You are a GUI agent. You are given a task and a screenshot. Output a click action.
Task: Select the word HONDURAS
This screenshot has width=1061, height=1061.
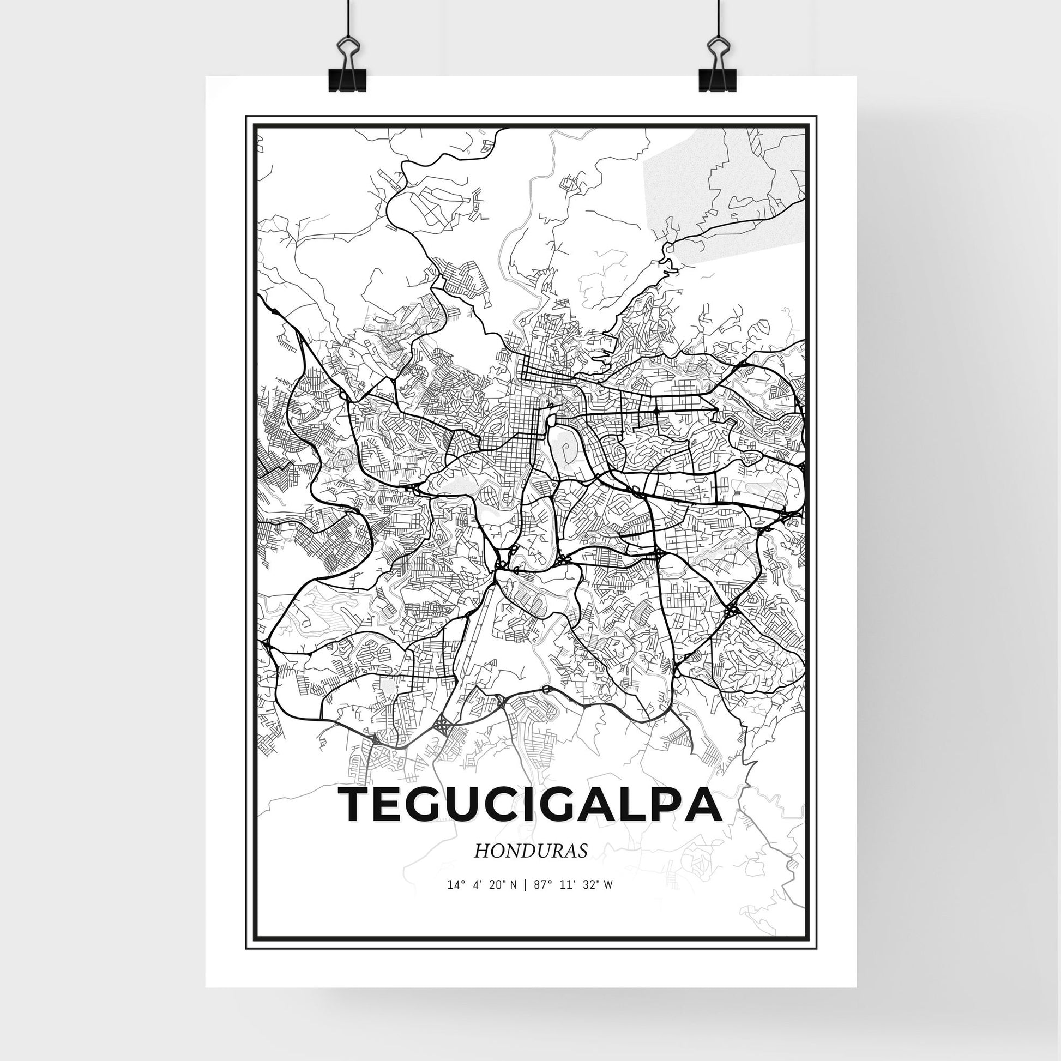(530, 866)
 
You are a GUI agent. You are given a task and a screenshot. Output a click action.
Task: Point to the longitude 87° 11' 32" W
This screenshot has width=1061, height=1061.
(573, 901)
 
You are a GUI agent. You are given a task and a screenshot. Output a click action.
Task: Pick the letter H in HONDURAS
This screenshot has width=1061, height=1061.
(481, 866)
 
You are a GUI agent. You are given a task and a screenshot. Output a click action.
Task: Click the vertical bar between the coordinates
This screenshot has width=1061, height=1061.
(526, 901)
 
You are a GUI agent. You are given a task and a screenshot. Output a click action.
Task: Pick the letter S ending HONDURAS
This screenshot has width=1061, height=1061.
(583, 866)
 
